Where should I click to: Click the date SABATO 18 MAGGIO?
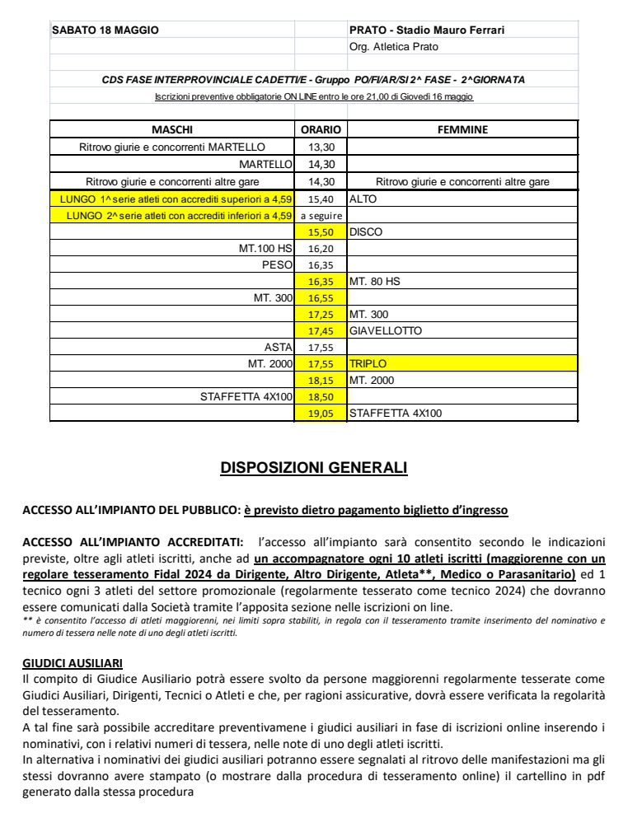pyautogui.click(x=105, y=30)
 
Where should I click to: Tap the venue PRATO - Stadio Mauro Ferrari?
pyautogui.click(x=427, y=30)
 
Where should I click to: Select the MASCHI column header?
pyautogui.click(x=172, y=130)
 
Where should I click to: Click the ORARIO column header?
pyautogui.click(x=321, y=130)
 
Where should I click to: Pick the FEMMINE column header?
pyautogui.click(x=462, y=130)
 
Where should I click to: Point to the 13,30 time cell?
pyautogui.click(x=321, y=147)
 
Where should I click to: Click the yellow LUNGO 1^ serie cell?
pyautogui.click(x=173, y=199)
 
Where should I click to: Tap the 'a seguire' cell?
pyautogui.click(x=321, y=216)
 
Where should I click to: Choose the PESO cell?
pyautogui.click(x=277, y=264)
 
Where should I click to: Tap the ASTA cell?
pyautogui.click(x=279, y=348)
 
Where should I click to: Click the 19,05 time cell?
pyautogui.click(x=321, y=414)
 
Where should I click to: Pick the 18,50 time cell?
pyautogui.click(x=321, y=397)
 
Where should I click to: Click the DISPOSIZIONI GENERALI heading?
pyautogui.click(x=314, y=468)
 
